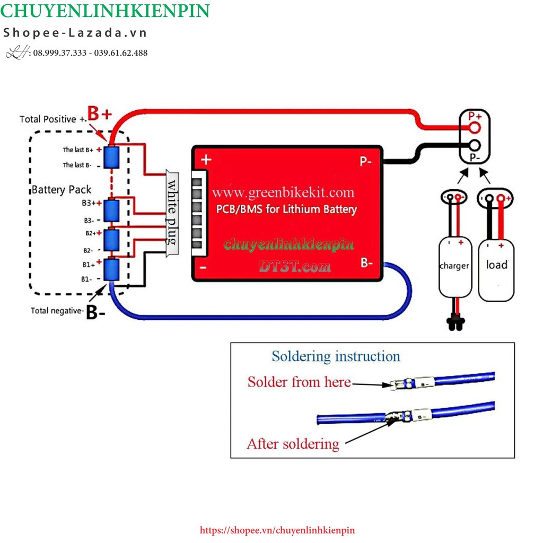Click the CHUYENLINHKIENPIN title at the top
106,11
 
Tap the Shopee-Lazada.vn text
75,33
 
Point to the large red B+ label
100,113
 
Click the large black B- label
95,313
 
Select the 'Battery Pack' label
62,190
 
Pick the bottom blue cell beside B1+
112,269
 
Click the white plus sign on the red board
206,159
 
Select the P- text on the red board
365,161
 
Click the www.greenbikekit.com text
284,192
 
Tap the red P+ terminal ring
474,127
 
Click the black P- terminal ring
474,145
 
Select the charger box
454,265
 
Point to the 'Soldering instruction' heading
336,356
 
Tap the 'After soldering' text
293,443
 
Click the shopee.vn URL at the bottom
277,530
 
